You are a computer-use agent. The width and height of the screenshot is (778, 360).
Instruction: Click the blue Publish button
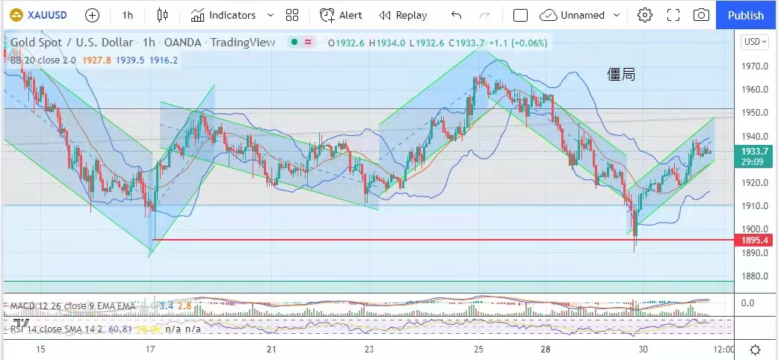(746, 15)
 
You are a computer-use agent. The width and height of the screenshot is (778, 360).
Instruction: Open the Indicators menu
(232, 15)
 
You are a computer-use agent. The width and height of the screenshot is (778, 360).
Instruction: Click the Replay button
(403, 15)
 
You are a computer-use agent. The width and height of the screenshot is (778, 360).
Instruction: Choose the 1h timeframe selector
(128, 15)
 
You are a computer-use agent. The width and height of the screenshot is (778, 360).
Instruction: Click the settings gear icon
(645, 15)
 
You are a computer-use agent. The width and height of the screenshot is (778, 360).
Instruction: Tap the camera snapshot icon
(701, 15)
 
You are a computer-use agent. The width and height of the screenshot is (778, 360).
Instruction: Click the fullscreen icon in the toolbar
(673, 15)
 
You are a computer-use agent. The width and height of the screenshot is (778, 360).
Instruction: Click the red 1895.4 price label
(754, 240)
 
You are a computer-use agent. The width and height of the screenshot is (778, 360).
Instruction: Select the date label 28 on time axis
(546, 350)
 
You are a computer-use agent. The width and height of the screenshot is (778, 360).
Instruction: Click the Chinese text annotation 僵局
(621, 74)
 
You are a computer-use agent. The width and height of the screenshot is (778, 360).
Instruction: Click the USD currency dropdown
(753, 42)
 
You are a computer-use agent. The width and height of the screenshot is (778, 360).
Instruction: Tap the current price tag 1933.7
(754, 151)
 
